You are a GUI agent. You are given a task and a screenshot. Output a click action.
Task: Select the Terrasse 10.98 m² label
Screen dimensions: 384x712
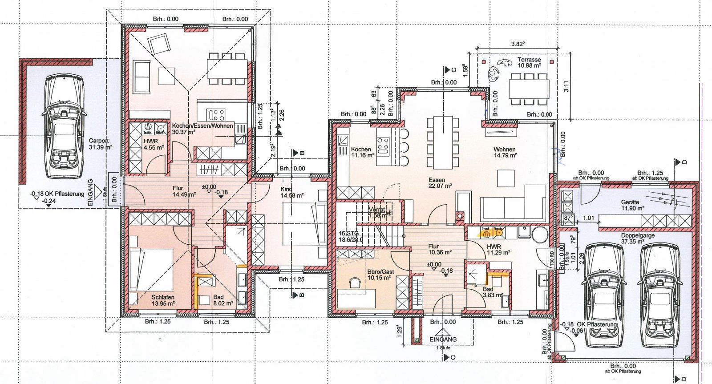coord(529,62)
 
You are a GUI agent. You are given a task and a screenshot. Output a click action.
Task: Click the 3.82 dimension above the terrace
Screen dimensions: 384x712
coord(518,44)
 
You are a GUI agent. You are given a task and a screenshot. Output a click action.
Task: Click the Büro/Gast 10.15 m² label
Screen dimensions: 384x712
coord(380,275)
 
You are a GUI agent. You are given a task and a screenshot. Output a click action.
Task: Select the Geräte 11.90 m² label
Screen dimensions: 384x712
coord(632,205)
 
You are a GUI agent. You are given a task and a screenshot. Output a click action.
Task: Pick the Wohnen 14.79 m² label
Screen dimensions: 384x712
coord(505,152)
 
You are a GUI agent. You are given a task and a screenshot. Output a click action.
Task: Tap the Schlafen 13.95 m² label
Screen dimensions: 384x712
coord(162,300)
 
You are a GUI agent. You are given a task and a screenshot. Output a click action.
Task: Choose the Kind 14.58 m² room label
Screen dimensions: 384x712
coord(292,192)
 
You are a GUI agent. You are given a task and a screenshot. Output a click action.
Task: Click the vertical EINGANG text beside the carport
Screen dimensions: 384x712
coord(91,192)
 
